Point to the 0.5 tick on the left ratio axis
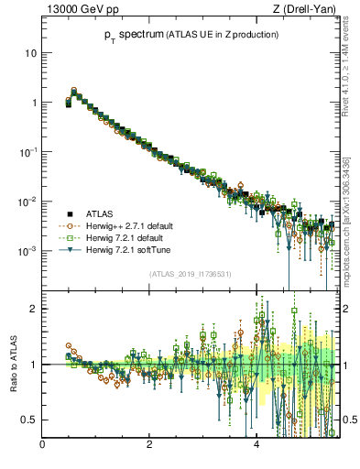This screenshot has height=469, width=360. point(28,420)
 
